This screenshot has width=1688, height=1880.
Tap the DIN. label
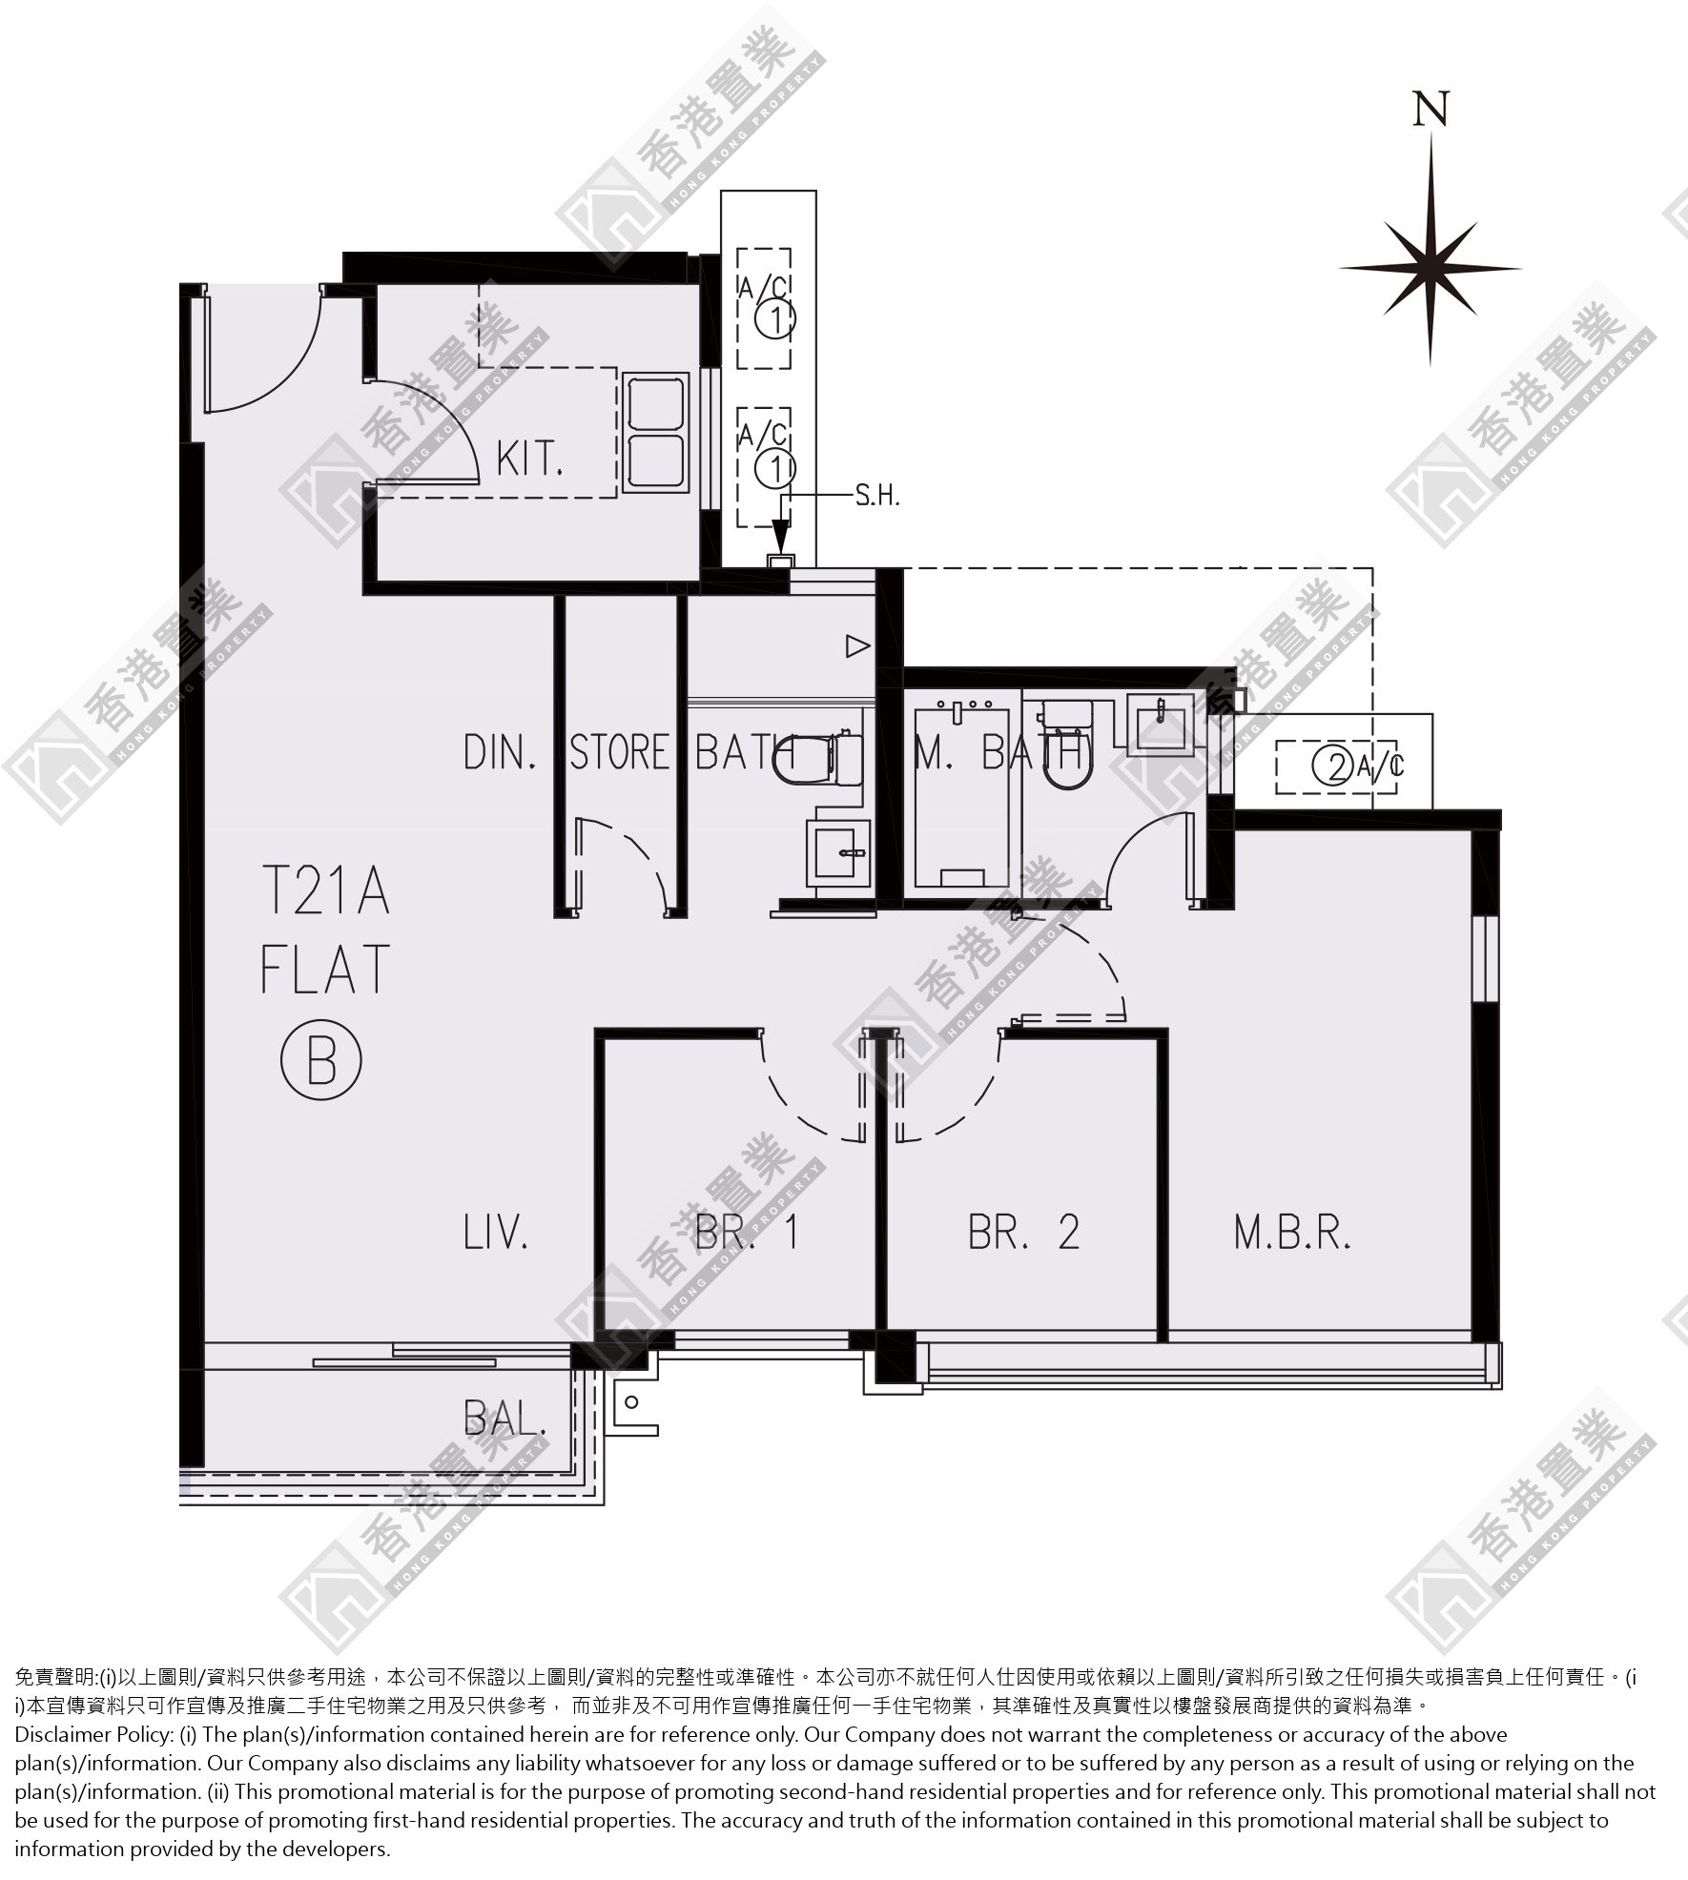500,752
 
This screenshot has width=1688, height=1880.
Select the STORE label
621,752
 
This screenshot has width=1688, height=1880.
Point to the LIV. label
496,1232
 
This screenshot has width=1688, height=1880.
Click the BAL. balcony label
505,1419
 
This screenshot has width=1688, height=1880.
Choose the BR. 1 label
747,1232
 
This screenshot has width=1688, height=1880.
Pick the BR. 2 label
1023,1232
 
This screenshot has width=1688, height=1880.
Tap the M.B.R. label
1292,1232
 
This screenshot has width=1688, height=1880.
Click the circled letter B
321,1059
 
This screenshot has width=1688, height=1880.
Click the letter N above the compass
1431,109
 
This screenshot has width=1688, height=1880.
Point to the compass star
1431,269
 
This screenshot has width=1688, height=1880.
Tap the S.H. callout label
877,496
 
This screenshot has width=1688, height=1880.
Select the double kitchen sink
656,433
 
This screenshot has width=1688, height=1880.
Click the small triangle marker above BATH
858,647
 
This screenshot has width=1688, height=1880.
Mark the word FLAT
325,969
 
